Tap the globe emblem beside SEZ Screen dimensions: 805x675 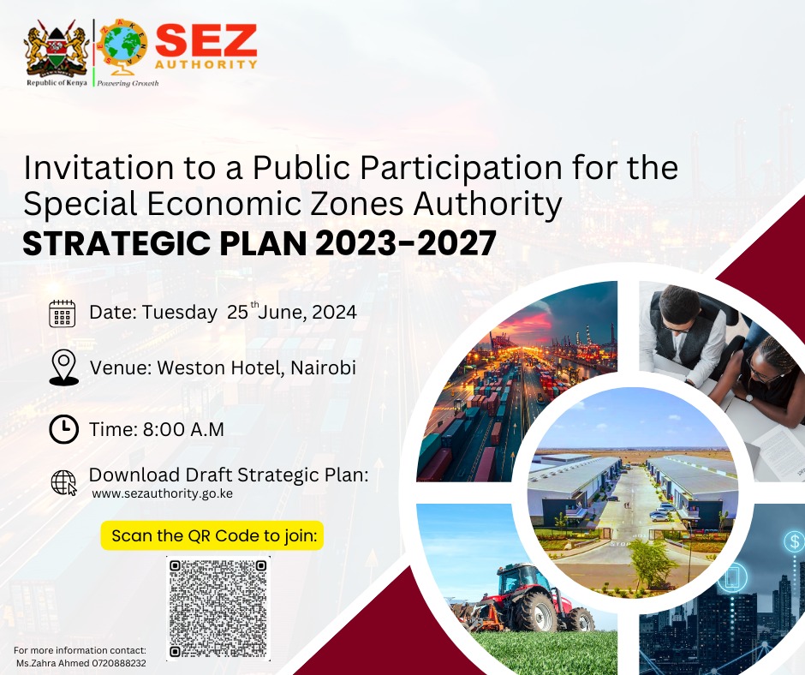[x=123, y=45]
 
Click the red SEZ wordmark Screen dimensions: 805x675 [x=206, y=40]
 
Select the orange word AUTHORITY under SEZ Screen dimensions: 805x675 [x=206, y=65]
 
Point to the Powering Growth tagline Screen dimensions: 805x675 [x=128, y=83]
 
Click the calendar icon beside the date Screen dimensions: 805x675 [x=63, y=314]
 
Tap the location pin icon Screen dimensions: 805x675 [x=64, y=367]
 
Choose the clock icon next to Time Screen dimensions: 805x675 [x=64, y=429]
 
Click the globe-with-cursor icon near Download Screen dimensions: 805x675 [x=63, y=483]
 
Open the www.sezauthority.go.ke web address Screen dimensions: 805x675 [x=162, y=493]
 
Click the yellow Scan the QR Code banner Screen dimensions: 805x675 [x=212, y=535]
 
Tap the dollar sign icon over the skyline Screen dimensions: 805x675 [x=795, y=541]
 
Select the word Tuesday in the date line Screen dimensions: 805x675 [x=179, y=313]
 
